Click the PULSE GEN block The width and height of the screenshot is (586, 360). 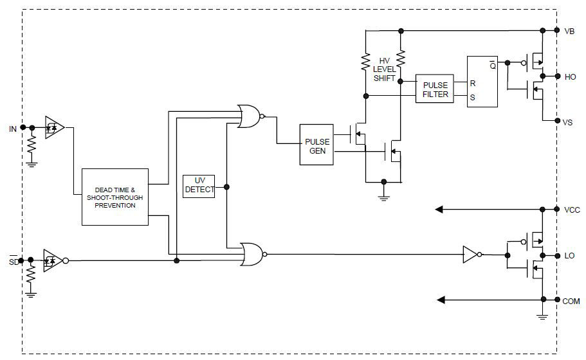[x=316, y=145]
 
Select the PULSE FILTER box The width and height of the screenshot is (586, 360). [x=435, y=89]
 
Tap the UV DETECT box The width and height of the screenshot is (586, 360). [x=199, y=186]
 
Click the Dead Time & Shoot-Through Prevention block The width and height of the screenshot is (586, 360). [x=115, y=197]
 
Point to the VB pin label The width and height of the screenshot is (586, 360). [x=569, y=31]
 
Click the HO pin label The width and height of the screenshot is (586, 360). [x=570, y=76]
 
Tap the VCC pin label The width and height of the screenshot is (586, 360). [x=572, y=210]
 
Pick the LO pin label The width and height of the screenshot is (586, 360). [x=569, y=256]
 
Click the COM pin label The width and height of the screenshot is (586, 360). [x=572, y=300]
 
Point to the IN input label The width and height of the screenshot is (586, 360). [x=13, y=129]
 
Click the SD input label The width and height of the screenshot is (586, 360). [x=13, y=261]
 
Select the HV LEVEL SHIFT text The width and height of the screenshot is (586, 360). [x=385, y=69]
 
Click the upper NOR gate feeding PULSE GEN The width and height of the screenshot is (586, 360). [x=249, y=116]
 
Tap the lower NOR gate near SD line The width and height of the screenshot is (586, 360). [x=252, y=254]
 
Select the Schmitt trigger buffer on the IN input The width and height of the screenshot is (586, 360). [x=54, y=127]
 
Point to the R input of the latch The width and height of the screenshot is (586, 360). [x=473, y=83]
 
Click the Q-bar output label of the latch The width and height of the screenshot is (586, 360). [x=492, y=64]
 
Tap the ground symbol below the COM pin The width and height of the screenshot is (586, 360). [x=542, y=315]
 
